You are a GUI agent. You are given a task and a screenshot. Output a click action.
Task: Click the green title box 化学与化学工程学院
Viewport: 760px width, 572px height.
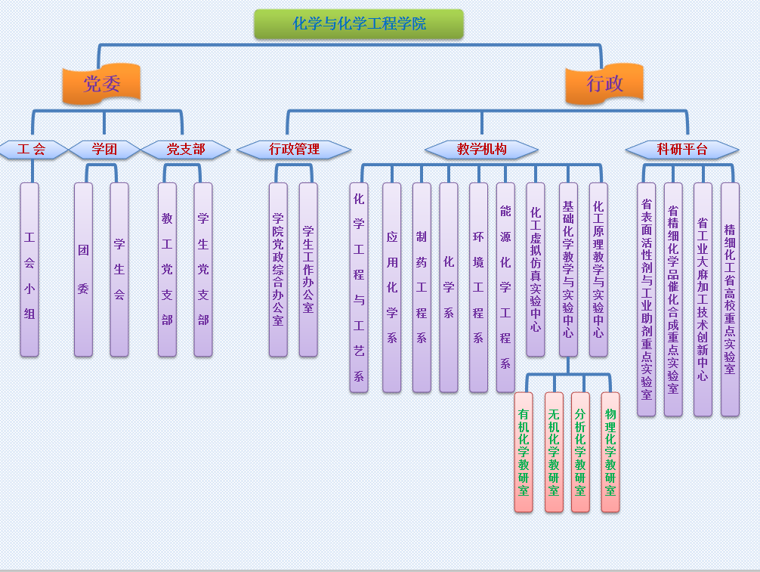pos(359,24)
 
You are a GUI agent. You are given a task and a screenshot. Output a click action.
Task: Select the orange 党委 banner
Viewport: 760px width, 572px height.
pos(101,83)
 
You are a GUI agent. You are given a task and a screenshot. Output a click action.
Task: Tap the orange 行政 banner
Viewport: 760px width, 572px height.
pos(604,83)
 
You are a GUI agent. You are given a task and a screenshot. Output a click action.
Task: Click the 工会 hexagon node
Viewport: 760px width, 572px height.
pos(32,150)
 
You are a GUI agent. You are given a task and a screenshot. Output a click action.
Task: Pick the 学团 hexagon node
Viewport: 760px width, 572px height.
pos(104,150)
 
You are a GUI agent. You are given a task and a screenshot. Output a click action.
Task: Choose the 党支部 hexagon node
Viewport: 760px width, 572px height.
pos(185,150)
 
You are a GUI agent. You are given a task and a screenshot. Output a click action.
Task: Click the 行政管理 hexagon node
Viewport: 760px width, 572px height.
pos(294,150)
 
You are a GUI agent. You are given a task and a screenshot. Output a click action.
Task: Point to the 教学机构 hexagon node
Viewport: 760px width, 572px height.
pos(481,150)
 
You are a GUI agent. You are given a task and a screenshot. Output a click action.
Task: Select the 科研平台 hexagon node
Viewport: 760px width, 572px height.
pos(682,150)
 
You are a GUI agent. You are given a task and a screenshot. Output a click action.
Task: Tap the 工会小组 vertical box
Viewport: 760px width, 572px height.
pos(29,269)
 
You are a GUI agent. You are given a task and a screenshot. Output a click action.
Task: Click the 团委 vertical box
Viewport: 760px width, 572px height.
pos(83,269)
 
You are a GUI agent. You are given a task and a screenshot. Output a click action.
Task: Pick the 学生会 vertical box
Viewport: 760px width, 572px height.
pos(119,269)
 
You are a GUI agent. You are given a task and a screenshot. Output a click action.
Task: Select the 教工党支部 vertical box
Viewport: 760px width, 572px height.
pos(167,269)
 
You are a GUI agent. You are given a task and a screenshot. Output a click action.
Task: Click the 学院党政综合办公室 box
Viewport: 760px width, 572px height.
pos(278,269)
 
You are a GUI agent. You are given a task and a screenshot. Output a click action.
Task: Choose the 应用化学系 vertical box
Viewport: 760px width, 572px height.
pos(391,287)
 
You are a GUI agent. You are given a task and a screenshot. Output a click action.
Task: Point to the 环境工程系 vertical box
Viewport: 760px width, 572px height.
pos(478,287)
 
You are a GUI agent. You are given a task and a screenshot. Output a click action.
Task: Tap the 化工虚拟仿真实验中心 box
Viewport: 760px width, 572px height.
pos(536,269)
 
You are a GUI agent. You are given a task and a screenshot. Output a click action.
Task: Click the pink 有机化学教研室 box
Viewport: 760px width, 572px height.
pos(524,452)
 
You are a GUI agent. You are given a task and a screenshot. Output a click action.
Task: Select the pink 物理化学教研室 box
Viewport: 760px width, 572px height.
pos(610,452)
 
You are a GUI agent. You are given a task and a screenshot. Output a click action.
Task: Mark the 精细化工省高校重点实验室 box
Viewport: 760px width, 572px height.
pos(730,298)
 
